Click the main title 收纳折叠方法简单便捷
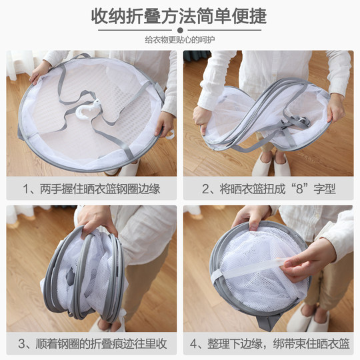[x=179, y=17]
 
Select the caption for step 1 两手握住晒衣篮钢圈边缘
[x=91, y=190]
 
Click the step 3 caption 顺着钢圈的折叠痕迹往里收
[x=91, y=344]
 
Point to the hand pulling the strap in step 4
[x=310, y=260]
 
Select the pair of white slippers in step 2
[x=272, y=165]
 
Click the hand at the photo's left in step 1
[x=39, y=69]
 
